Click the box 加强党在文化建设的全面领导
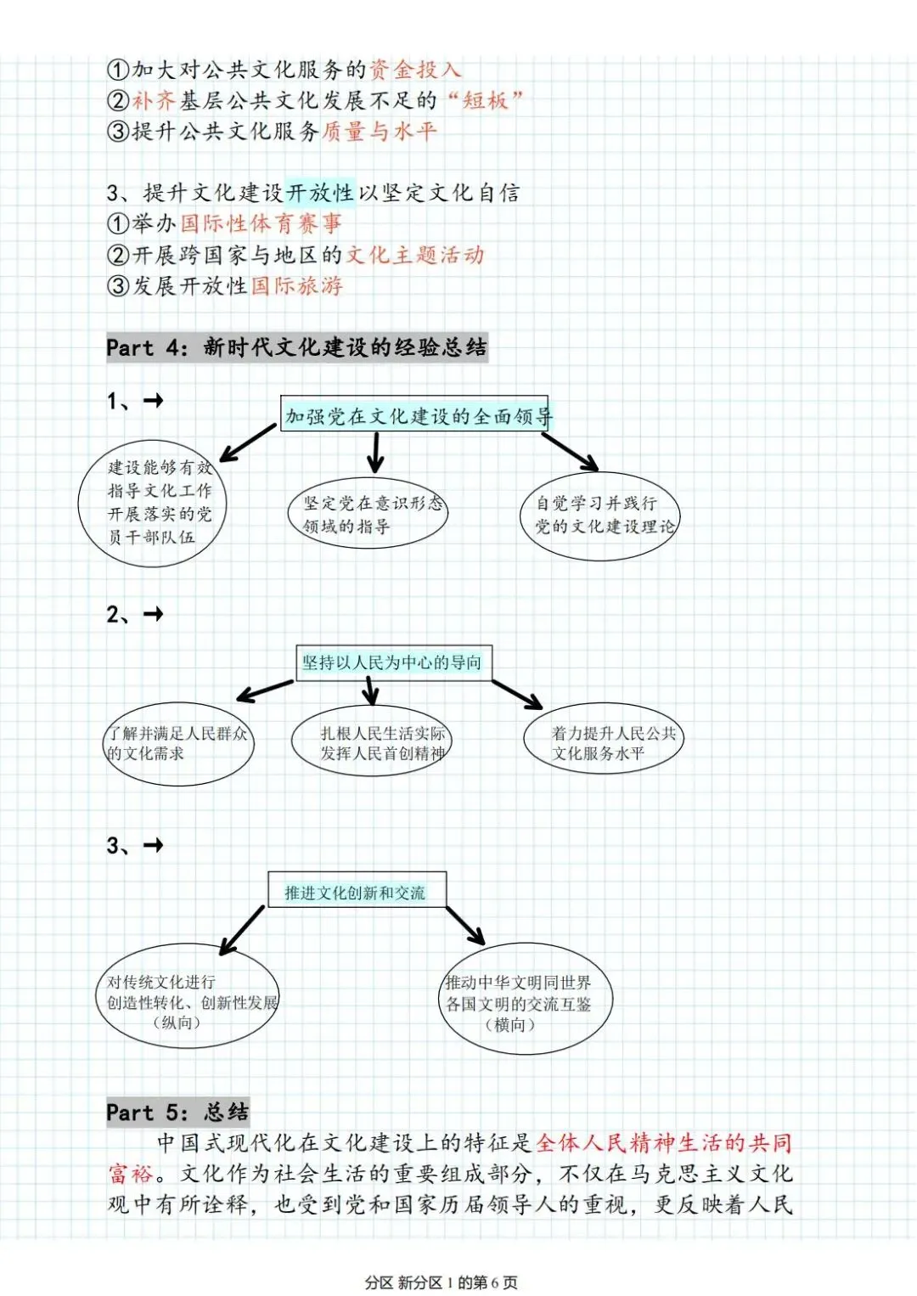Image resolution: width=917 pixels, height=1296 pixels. (x=415, y=415)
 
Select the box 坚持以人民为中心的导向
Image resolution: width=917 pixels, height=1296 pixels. (x=393, y=662)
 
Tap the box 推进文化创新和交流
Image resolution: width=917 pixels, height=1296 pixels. (x=357, y=891)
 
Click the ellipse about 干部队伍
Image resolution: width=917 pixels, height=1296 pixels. (x=153, y=503)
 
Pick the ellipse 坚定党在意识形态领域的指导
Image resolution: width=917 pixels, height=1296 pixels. (x=370, y=514)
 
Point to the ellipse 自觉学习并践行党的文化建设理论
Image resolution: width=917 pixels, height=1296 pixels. (x=601, y=515)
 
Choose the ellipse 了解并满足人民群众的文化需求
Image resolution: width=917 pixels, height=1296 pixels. (x=178, y=743)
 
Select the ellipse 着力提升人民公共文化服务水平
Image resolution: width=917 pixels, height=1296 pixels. (x=605, y=741)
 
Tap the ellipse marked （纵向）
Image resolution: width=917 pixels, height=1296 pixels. (x=188, y=996)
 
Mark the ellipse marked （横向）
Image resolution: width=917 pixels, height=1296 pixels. (x=525, y=999)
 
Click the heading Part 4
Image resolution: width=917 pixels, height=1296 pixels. (x=296, y=347)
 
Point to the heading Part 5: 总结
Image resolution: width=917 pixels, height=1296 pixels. (x=177, y=1112)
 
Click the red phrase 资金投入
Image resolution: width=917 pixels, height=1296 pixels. (x=415, y=70)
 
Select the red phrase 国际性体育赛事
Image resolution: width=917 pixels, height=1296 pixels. (x=261, y=223)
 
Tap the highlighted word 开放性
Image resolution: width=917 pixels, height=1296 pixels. (x=320, y=193)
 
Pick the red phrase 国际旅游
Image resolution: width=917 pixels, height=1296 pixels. (x=296, y=285)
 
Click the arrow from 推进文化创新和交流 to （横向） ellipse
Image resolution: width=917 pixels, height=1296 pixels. (x=465, y=925)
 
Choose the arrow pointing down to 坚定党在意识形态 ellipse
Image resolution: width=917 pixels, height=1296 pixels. (x=374, y=452)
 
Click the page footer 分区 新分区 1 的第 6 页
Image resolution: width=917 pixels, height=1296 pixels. (x=442, y=1282)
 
